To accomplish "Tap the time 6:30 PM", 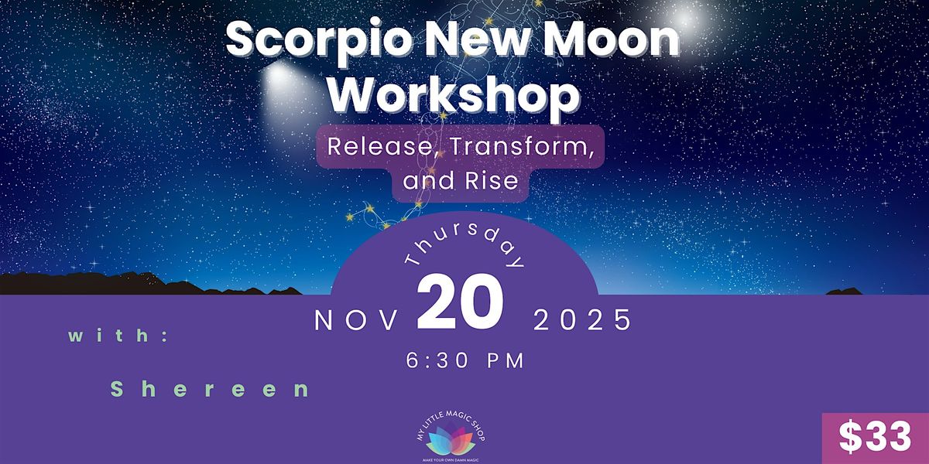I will click(464, 360).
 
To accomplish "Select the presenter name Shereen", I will click(210, 389).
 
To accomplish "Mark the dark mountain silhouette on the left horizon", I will click(101, 285).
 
